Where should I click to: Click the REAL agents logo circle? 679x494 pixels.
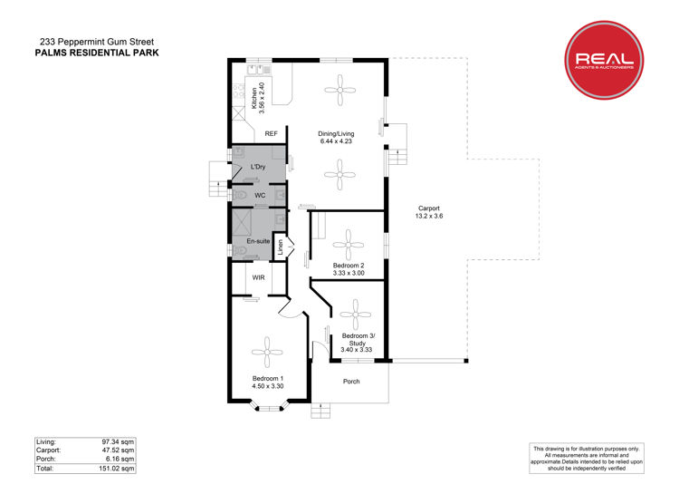[604, 60]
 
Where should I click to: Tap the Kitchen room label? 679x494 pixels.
[254, 99]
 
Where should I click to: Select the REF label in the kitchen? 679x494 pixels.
[271, 133]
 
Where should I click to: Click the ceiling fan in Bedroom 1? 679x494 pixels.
[267, 353]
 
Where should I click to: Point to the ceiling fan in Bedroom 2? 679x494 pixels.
[349, 245]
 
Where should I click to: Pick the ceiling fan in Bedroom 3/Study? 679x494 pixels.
[356, 315]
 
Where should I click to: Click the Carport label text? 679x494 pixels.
[429, 208]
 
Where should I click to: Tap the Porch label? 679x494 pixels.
[351, 382]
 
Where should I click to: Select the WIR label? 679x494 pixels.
[259, 277]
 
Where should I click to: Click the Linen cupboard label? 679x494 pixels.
[280, 247]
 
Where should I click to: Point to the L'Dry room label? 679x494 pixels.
[258, 167]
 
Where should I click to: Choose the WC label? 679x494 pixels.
[260, 196]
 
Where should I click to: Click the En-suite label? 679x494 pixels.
[258, 241]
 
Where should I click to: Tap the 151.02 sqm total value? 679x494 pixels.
[117, 469]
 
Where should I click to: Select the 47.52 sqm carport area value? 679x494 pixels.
[118, 450]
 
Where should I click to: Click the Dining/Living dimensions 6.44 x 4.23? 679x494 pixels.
[336, 141]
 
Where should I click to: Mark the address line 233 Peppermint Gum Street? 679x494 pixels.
[97, 42]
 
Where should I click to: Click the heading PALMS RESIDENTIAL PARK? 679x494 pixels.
[97, 53]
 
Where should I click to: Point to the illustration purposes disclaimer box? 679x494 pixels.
[587, 458]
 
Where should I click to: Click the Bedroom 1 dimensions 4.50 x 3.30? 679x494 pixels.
[268, 386]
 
